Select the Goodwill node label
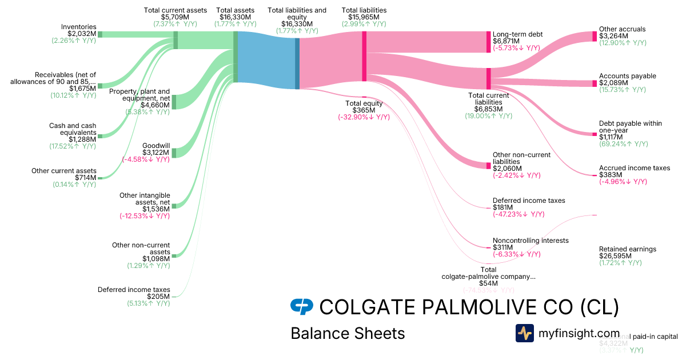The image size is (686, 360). click(155, 145)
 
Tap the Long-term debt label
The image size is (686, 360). click(517, 34)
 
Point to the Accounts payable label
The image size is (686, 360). click(627, 76)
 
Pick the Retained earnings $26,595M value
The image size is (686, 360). click(615, 256)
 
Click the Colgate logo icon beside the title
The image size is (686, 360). click(302, 307)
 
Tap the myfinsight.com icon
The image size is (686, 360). click(524, 333)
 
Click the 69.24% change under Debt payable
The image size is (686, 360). click(623, 144)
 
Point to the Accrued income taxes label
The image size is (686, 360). click(634, 168)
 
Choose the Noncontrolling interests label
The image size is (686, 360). click(531, 241)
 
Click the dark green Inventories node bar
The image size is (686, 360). click(100, 34)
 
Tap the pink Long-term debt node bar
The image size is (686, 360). click(488, 42)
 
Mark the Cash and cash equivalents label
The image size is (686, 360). click(73, 129)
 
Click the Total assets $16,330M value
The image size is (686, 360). click(235, 17)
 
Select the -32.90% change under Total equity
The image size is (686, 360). click(364, 117)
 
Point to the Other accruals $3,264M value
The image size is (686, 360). click(614, 36)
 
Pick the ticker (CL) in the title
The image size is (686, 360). click(599, 307)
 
